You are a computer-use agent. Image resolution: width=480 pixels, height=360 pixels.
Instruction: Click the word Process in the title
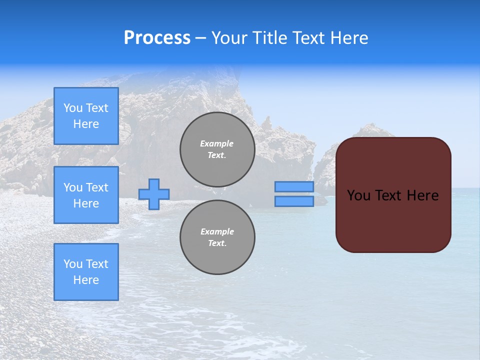pos(157,38)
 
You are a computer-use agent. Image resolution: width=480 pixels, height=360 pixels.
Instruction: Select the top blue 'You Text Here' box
pos(86,116)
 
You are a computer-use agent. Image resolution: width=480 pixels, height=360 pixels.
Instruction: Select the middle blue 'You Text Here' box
pos(86,195)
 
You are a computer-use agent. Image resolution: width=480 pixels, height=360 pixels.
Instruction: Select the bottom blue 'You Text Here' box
pos(86,272)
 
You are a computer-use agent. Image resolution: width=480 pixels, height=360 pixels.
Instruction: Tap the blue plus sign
pos(154,194)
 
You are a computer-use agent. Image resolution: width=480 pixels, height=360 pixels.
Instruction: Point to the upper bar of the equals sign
pos(294,186)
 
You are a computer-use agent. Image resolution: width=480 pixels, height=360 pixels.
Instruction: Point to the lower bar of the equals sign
pos(294,201)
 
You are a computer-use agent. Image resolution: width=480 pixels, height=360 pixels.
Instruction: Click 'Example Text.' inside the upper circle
pos(217,149)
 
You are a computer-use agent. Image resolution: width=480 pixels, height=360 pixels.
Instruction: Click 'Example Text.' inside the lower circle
pos(217,237)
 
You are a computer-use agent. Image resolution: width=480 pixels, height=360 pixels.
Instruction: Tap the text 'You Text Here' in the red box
pos(393,195)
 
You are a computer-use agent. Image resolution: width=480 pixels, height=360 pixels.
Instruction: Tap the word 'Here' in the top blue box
pos(86,124)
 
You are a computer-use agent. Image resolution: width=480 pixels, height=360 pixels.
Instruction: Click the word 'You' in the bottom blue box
pos(73,264)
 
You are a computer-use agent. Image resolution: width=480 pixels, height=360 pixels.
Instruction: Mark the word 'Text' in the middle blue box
pos(97,187)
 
